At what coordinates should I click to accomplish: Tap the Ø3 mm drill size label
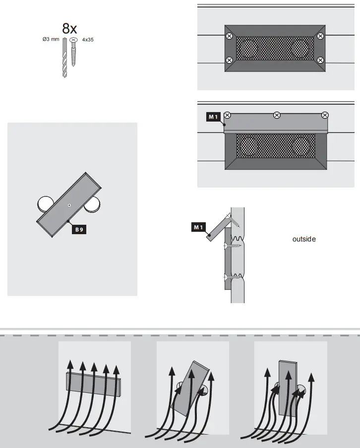(52, 39)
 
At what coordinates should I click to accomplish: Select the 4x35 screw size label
(88, 39)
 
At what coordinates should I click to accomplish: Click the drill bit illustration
(64, 59)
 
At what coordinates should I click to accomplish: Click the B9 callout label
(79, 230)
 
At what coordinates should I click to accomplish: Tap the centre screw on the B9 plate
(69, 205)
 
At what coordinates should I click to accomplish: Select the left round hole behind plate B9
(46, 203)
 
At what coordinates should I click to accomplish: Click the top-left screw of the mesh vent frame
(229, 36)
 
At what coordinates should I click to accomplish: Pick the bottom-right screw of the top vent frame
(320, 61)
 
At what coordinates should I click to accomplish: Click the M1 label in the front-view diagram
(213, 117)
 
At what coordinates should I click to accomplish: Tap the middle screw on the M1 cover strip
(277, 116)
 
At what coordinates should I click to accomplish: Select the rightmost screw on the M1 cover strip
(325, 115)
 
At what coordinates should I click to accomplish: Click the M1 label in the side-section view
(198, 227)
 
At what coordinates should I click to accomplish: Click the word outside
(304, 239)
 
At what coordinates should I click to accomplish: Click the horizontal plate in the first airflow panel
(94, 382)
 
